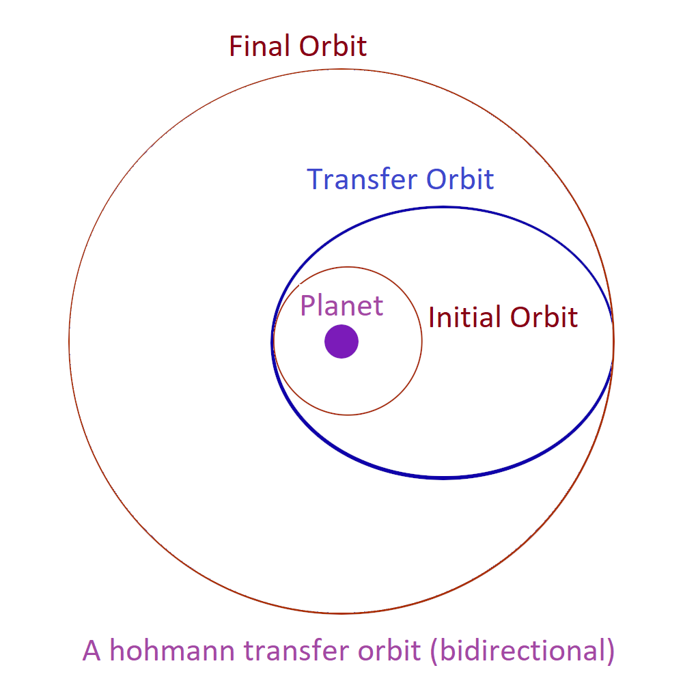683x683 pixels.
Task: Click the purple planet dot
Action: pos(341,341)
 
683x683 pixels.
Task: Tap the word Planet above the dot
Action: pos(341,305)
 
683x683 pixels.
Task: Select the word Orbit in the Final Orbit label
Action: pos(333,46)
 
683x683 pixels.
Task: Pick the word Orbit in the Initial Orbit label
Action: pos(544,317)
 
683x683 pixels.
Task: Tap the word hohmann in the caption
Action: pos(172,650)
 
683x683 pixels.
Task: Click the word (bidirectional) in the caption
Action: pos(522,651)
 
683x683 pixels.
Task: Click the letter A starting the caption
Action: pos(92,650)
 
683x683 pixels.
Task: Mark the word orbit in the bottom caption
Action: pos(389,650)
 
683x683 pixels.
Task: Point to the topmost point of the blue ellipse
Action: pos(443,208)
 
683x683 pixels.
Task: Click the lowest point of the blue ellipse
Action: pos(443,478)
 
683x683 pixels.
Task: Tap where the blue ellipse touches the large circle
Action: pos(613,341)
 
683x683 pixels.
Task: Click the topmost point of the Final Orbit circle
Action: pos(341,69)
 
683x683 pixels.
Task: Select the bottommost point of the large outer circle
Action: pos(341,613)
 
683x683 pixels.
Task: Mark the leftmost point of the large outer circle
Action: pos(69,341)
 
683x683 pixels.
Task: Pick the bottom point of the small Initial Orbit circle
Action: pos(348,415)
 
